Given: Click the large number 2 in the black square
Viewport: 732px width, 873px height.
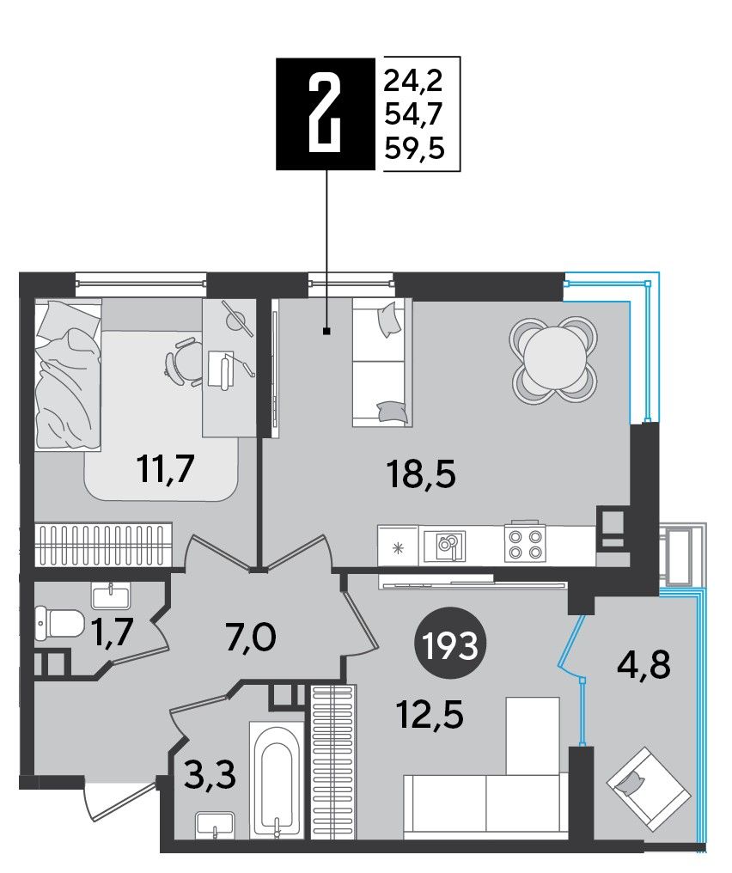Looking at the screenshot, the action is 326,113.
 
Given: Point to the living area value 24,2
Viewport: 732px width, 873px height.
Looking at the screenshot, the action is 414,82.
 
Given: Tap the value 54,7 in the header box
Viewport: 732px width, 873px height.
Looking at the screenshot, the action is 414,115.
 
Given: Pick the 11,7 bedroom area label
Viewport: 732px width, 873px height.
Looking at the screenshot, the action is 165,469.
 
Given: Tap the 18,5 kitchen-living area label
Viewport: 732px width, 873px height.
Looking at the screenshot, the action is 421,475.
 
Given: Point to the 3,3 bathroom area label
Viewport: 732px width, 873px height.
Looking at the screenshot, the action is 210,776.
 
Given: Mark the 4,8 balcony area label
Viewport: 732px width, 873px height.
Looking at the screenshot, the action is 644,665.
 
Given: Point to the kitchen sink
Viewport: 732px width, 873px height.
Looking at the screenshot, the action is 445,546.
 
